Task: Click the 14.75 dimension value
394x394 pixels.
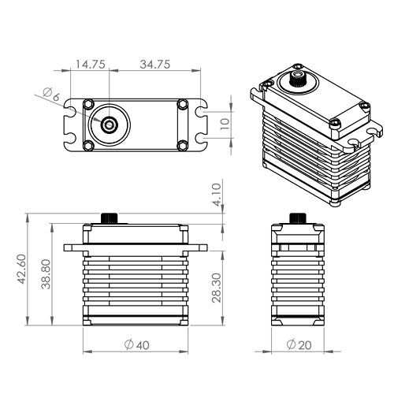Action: click(x=90, y=64)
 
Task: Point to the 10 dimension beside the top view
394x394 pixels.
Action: click(x=225, y=123)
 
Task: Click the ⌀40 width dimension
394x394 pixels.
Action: click(x=136, y=344)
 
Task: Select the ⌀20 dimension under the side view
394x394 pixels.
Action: click(x=297, y=344)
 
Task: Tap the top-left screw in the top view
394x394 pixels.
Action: click(x=89, y=104)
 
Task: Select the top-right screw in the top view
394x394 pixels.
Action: click(x=182, y=104)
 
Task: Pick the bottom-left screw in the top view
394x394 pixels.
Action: click(x=89, y=143)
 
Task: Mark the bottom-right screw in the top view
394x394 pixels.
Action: click(x=182, y=143)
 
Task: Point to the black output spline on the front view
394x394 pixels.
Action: click(x=109, y=217)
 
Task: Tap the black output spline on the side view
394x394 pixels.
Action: click(x=297, y=217)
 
